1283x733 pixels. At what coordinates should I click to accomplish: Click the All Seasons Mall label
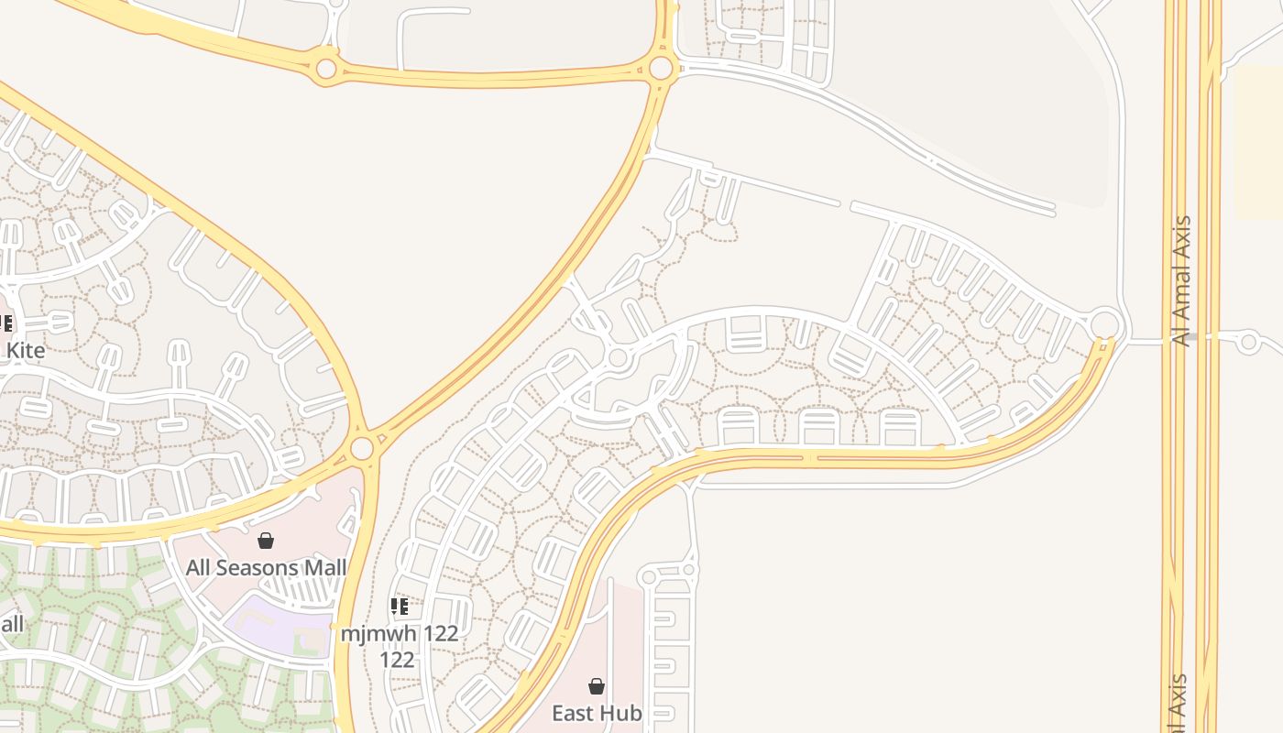(266, 568)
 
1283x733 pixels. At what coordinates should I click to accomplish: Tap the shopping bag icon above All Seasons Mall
(266, 541)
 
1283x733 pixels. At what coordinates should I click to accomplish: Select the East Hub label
(596, 713)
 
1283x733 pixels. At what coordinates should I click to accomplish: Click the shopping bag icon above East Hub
(597, 686)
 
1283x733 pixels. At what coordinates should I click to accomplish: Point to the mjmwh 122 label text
(400, 633)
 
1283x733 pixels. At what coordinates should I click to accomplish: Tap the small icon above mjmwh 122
(399, 606)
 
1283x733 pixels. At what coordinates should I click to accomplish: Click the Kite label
(26, 350)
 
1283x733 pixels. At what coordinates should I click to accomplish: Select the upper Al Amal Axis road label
(1183, 280)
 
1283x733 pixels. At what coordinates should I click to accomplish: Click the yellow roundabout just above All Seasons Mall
(363, 448)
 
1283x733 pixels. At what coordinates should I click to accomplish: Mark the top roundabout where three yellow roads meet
(661, 68)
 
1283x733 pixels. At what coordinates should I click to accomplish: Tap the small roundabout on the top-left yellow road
(325, 69)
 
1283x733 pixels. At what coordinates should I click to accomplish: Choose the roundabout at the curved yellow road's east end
(1105, 324)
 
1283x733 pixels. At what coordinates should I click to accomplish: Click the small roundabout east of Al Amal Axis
(1248, 343)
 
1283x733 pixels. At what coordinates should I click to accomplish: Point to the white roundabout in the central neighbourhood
(618, 357)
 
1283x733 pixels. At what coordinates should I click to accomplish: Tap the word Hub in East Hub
(623, 713)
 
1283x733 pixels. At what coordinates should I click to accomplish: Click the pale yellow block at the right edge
(1259, 142)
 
